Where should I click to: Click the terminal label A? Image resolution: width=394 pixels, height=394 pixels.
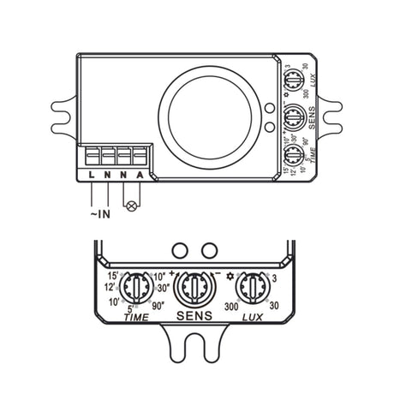(x=139, y=176)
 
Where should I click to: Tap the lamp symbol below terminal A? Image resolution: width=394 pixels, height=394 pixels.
(x=131, y=206)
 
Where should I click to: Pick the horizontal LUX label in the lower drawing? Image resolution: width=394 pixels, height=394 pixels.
(x=254, y=316)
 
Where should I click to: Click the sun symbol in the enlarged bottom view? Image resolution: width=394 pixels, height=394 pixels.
(x=230, y=276)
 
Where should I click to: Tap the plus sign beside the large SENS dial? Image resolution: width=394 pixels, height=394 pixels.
(x=172, y=274)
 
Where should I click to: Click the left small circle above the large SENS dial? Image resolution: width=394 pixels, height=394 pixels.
(x=180, y=249)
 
